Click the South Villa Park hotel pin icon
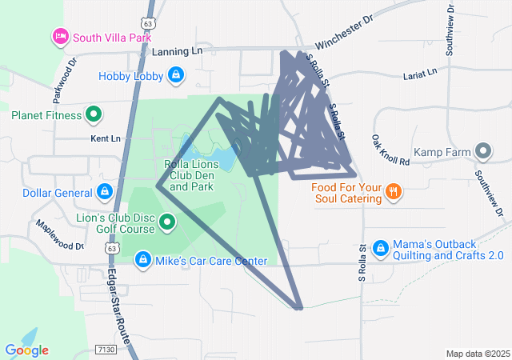click(61, 36)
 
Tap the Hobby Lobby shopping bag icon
click(176, 76)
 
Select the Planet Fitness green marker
click(94, 114)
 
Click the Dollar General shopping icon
click(104, 192)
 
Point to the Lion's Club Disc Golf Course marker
click(167, 222)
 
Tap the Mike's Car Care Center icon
click(142, 260)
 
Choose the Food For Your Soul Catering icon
click(393, 191)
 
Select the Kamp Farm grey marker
click(482, 151)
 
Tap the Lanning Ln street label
click(177, 51)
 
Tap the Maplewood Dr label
click(57, 234)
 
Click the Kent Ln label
click(105, 138)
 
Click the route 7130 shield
click(104, 349)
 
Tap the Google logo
click(26, 350)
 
